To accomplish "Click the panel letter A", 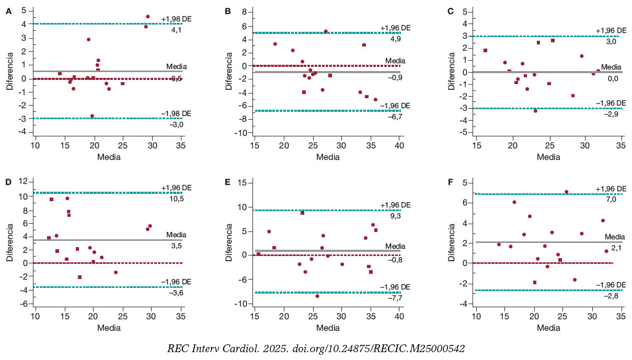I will click(x=8, y=11).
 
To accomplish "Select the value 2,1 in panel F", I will click(x=617, y=249).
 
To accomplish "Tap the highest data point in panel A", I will click(x=148, y=17).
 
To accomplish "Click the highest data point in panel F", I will click(x=566, y=192).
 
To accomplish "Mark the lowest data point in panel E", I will click(x=317, y=296).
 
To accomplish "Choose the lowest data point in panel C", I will click(x=535, y=111).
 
